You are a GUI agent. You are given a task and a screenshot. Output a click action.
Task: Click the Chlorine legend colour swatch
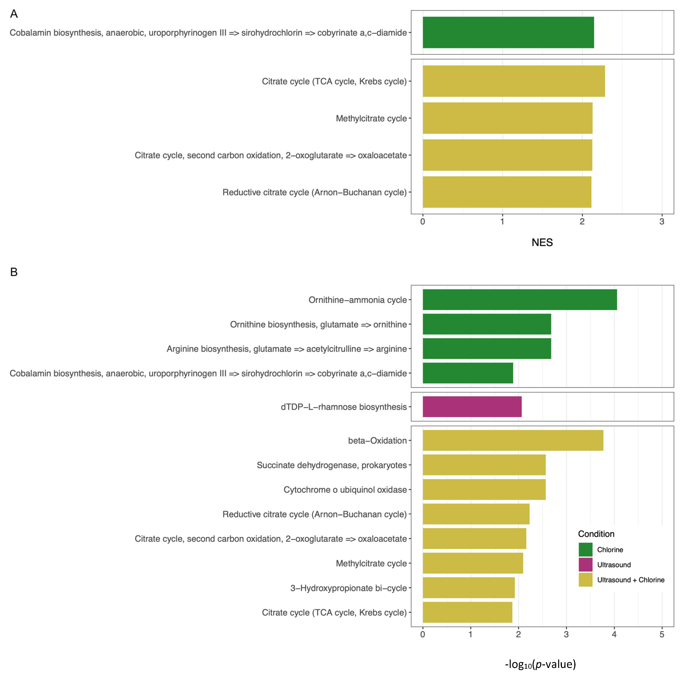point(585,550)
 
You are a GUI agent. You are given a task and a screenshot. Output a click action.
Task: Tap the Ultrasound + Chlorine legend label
point(630,580)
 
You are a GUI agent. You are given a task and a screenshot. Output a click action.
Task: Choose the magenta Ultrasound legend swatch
point(585,564)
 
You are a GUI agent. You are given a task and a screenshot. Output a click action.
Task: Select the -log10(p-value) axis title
point(540,664)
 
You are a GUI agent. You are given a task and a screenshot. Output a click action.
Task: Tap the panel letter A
point(14,14)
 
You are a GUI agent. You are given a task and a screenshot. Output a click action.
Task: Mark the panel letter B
point(14,272)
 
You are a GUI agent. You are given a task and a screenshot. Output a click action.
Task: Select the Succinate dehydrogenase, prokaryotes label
point(332,465)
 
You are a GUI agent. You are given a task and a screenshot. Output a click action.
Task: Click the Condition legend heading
point(596,534)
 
